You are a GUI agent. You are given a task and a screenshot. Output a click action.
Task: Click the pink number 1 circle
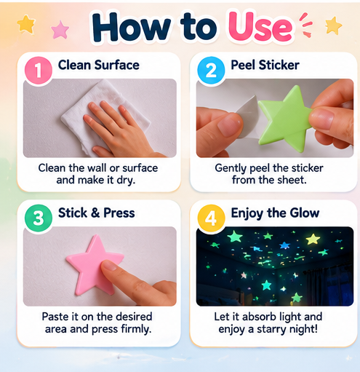click(39, 71)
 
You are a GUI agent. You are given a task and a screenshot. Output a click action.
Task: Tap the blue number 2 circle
click(211, 71)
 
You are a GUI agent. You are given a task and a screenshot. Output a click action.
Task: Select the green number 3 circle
click(39, 218)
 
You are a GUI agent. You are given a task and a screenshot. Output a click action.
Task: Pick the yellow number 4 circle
click(211, 218)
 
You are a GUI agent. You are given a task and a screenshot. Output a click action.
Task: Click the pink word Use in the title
click(260, 27)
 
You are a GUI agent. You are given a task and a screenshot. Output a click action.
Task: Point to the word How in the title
click(132, 27)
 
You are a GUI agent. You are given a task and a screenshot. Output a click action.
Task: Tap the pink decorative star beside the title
click(60, 30)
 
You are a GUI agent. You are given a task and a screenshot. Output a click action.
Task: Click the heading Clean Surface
click(99, 65)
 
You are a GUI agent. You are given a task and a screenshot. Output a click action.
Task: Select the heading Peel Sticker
click(265, 65)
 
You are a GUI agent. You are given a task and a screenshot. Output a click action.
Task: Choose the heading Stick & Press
click(97, 213)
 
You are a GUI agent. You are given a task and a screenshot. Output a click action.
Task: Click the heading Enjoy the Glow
click(275, 213)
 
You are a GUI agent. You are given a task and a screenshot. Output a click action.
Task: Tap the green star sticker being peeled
click(285, 119)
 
